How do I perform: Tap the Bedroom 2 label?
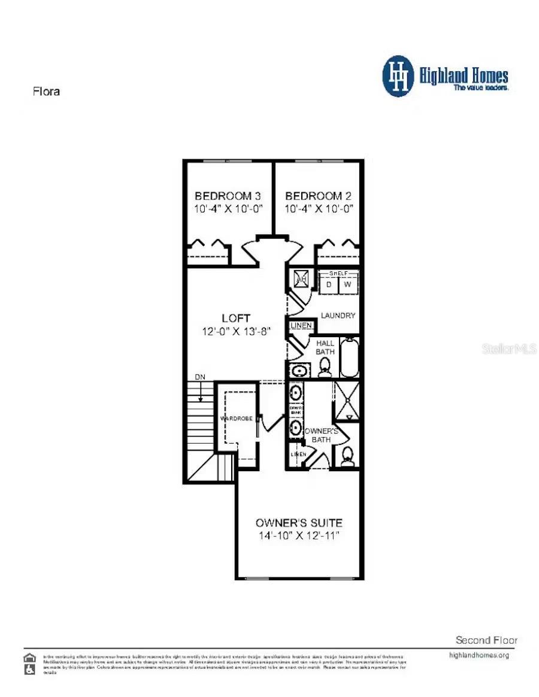point(318,196)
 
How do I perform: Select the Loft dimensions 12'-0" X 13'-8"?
point(235,331)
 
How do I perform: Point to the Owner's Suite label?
point(299,522)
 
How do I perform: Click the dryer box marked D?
point(328,285)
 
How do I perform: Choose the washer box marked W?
point(347,285)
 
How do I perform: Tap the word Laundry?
point(338,316)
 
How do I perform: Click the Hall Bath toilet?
point(325,366)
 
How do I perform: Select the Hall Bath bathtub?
point(349,358)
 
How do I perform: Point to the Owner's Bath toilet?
point(347,457)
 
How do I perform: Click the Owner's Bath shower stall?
point(346,401)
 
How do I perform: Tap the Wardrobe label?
point(235,418)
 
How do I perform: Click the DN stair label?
point(200,377)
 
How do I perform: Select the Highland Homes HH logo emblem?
point(398,76)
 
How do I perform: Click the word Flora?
point(46,92)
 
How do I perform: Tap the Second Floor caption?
point(486,640)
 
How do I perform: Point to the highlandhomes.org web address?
point(479,655)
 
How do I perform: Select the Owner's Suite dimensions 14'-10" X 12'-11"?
point(299,535)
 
